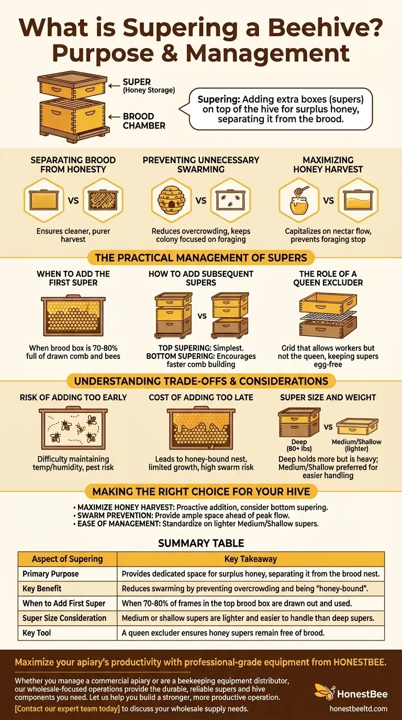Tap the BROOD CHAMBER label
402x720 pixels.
point(144,121)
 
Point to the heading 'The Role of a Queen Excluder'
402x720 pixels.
point(328,278)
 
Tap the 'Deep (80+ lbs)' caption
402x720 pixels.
point(299,445)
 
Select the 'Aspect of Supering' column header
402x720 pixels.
point(67,559)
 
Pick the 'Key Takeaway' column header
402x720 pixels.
point(250,559)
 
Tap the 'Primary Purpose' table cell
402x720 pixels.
point(51,573)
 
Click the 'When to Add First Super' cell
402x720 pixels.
point(64,603)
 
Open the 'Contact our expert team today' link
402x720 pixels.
point(68,709)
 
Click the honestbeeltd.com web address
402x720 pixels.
point(358,708)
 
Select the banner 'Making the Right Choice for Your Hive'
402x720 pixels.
point(201,491)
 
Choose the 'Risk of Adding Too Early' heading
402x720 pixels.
point(73,397)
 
